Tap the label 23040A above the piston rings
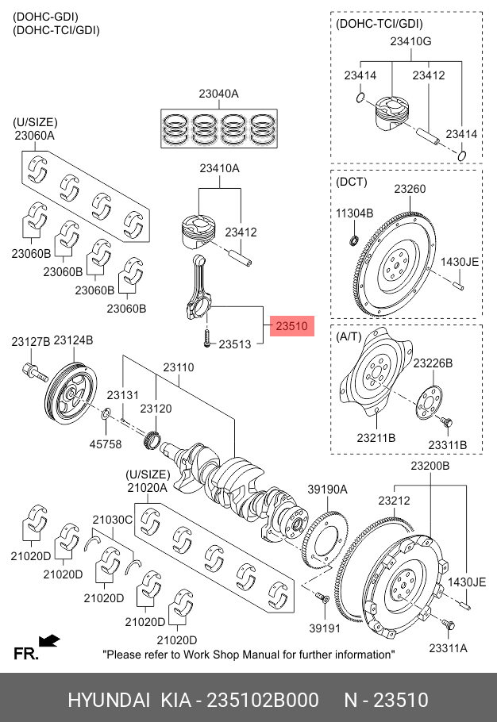tap(218, 94)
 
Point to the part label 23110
tap(179, 367)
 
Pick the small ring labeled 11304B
tap(355, 240)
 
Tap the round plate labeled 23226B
tap(430, 401)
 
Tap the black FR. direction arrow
tap(49, 639)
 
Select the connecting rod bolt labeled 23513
tap(206, 340)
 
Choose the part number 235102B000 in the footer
tap(263, 701)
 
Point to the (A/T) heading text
tap(350, 336)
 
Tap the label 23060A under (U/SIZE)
tap(34, 136)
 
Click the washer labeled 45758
tap(106, 413)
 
